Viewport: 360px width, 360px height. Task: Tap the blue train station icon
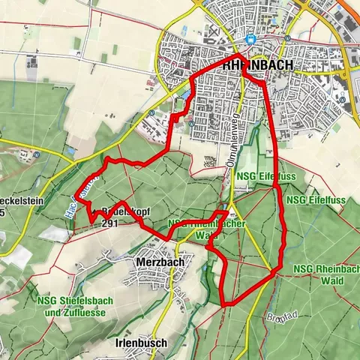(253, 40)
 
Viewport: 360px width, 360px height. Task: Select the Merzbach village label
(160, 262)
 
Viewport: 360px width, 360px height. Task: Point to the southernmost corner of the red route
(226, 304)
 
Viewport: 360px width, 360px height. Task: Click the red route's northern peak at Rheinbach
(238, 55)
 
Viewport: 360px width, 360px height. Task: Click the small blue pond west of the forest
(70, 149)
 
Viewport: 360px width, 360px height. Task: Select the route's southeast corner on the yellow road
(280, 268)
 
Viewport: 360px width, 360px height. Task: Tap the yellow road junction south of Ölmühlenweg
(231, 200)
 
